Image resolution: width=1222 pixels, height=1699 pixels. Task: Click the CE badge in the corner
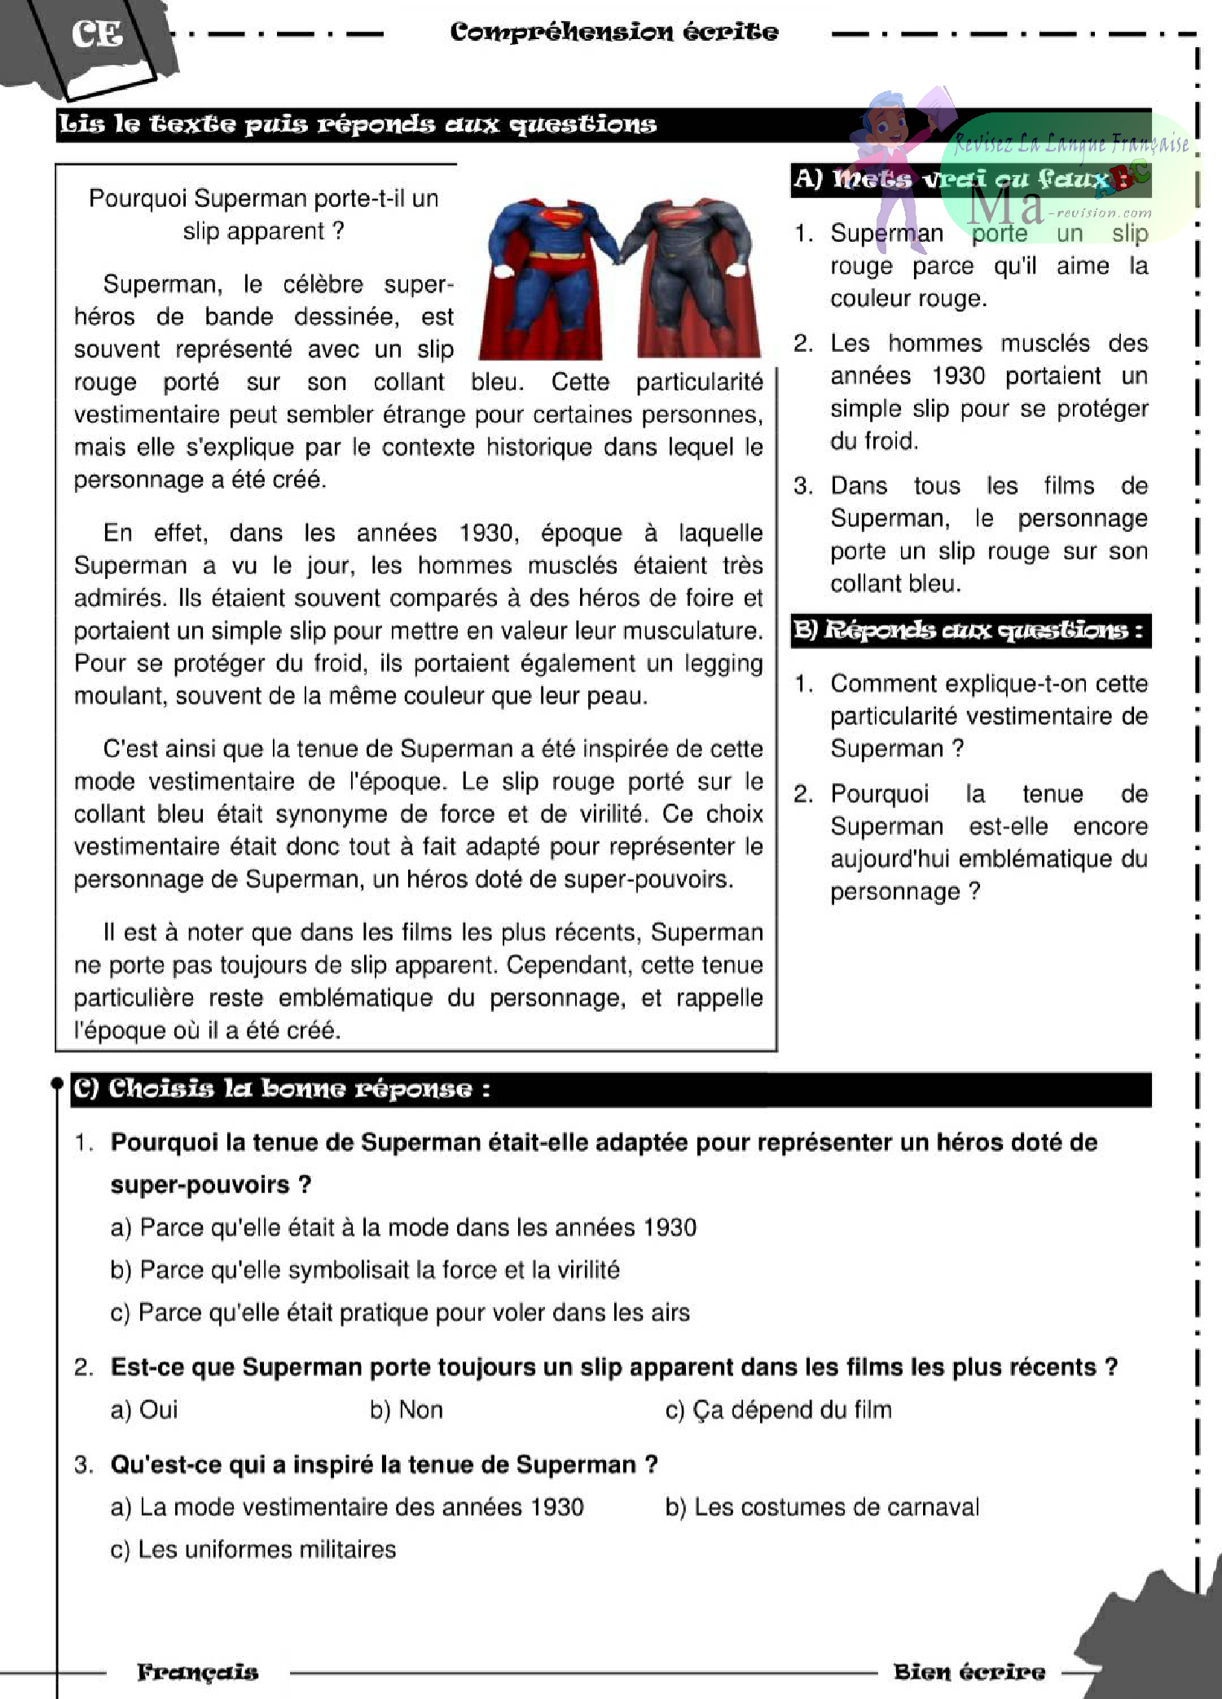[x=96, y=34]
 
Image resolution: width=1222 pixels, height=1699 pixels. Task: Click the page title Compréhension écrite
[x=613, y=32]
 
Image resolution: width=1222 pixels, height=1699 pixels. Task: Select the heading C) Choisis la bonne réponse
[x=282, y=1089]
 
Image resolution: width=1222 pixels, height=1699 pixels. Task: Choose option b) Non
[x=406, y=1410]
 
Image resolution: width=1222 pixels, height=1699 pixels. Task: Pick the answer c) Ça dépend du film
[x=778, y=1410]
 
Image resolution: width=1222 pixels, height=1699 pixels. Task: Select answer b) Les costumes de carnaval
[x=822, y=1507]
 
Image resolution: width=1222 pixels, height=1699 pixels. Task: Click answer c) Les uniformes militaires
[x=253, y=1549]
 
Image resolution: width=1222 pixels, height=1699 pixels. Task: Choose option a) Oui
[x=143, y=1410]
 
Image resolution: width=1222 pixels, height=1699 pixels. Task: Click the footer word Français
[x=197, y=1672]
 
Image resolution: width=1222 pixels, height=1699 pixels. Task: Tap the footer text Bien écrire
[x=969, y=1672]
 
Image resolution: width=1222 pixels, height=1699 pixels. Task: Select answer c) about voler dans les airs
[x=399, y=1312]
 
